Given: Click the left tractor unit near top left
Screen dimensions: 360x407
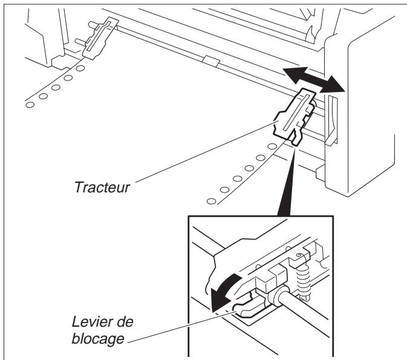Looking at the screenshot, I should click(x=97, y=39).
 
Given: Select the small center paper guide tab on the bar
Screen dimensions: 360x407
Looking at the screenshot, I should click(x=211, y=60).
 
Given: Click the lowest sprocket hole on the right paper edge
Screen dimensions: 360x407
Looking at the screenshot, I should click(x=209, y=200).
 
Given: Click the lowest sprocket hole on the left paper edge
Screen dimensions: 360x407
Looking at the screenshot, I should click(x=28, y=105).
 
